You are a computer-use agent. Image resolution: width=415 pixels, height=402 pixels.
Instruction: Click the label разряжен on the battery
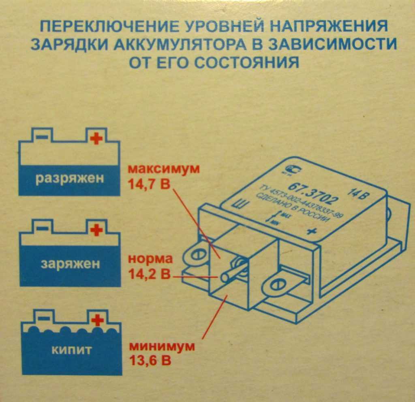click(69, 178)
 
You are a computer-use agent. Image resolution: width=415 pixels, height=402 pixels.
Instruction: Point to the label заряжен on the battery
click(70, 264)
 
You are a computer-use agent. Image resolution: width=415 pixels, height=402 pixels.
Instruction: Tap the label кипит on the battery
click(71, 350)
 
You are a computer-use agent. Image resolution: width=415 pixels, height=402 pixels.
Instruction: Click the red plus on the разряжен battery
click(96, 138)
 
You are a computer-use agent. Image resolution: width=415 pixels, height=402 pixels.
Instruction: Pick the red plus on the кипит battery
click(97, 320)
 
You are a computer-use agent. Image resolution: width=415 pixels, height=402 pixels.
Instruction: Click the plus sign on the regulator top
click(311, 231)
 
